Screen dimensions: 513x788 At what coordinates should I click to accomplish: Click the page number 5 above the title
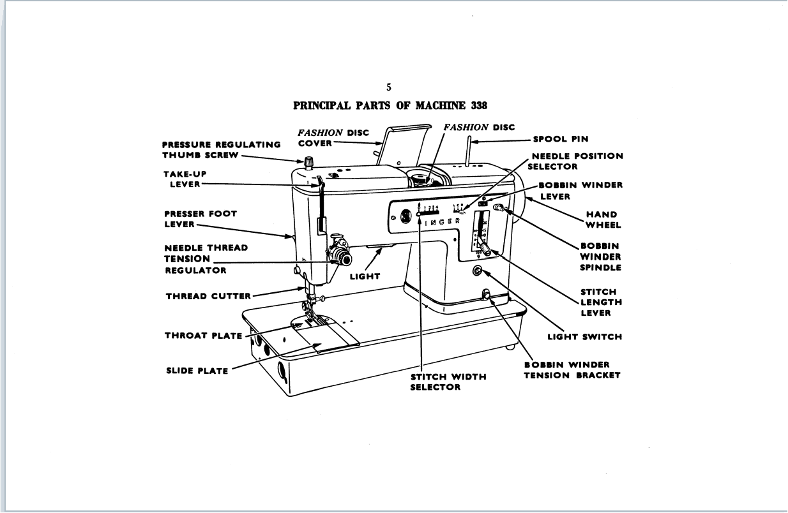(389, 88)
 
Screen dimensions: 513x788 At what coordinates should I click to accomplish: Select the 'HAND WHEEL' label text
(602, 219)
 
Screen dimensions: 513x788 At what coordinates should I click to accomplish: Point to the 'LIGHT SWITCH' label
(584, 336)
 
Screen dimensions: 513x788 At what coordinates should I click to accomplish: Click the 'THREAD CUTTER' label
(209, 296)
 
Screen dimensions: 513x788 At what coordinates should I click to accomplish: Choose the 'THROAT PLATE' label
(204, 336)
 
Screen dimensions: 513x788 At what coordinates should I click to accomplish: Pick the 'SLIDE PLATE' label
(197, 371)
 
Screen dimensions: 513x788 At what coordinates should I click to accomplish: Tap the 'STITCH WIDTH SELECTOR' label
(448, 382)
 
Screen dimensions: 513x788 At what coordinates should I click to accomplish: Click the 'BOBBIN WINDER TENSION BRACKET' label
(572, 370)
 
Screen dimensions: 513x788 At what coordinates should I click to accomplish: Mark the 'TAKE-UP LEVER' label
(185, 179)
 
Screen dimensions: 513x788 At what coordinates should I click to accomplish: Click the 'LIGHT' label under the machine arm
(365, 276)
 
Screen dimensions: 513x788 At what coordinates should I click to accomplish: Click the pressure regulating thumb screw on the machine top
(310, 161)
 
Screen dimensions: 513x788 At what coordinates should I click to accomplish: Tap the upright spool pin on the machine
(469, 151)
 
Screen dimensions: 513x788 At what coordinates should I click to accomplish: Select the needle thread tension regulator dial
(344, 258)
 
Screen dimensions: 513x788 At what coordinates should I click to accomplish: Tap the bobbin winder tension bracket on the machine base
(485, 295)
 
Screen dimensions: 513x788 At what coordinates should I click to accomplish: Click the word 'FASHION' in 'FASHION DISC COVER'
(320, 133)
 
